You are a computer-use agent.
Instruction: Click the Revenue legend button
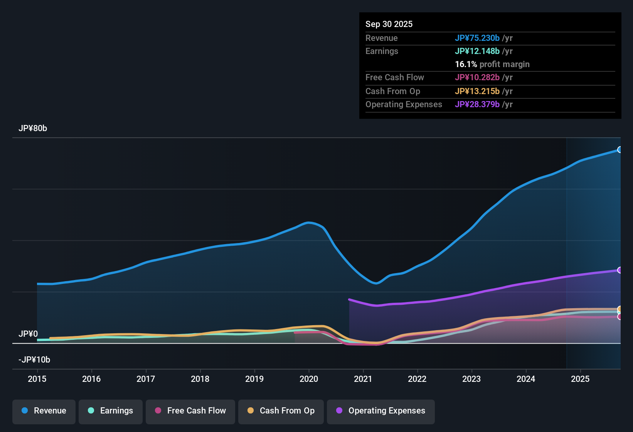pyautogui.click(x=44, y=411)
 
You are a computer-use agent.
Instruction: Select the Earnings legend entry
pyautogui.click(x=111, y=411)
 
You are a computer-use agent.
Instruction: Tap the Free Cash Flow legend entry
pyautogui.click(x=190, y=411)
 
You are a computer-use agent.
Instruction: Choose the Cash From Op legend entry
pyautogui.click(x=281, y=411)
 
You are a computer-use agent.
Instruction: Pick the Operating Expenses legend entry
pyautogui.click(x=381, y=411)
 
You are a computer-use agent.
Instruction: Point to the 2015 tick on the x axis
pyautogui.click(x=37, y=379)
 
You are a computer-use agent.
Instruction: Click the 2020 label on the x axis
pyautogui.click(x=309, y=379)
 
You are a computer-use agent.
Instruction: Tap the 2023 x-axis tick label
pyautogui.click(x=471, y=379)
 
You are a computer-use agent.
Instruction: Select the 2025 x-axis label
pyautogui.click(x=580, y=379)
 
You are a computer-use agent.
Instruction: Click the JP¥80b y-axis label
pyautogui.click(x=33, y=128)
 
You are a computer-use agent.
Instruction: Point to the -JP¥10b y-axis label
pyautogui.click(x=34, y=360)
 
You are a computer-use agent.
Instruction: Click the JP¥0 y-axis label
pyautogui.click(x=28, y=334)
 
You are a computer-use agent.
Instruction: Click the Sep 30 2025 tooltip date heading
pyautogui.click(x=389, y=24)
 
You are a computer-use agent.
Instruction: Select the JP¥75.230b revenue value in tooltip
pyautogui.click(x=477, y=38)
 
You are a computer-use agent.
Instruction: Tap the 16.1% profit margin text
pyautogui.click(x=492, y=64)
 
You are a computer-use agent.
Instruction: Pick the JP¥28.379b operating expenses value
pyautogui.click(x=477, y=105)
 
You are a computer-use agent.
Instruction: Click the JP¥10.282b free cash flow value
pyautogui.click(x=477, y=78)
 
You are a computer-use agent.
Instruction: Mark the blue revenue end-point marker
pyautogui.click(x=620, y=150)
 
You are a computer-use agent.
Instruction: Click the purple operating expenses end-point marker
pyautogui.click(x=620, y=270)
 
